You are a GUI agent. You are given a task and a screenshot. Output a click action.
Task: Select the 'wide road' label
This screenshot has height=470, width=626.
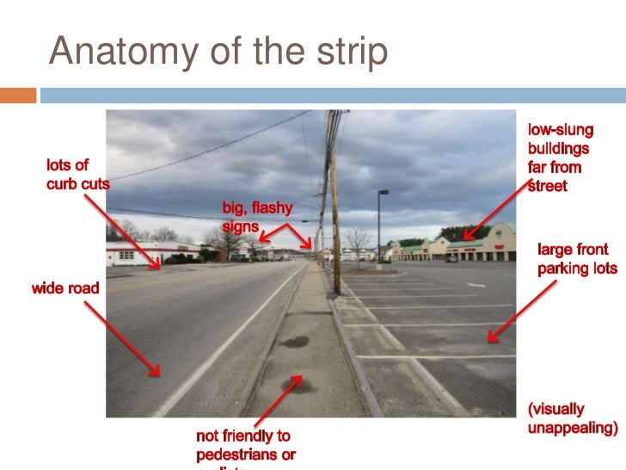(x=65, y=288)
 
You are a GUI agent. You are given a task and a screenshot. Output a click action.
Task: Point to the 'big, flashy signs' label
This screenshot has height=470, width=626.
(x=256, y=217)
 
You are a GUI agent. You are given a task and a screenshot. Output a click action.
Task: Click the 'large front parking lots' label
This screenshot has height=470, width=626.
(x=577, y=259)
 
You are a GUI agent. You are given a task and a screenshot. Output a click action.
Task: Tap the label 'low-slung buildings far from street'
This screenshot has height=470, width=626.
(x=561, y=158)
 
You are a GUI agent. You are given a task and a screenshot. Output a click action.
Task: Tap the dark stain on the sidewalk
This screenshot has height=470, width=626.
(x=295, y=342)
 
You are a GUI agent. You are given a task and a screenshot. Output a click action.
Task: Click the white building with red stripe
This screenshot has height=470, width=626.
(x=142, y=252)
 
